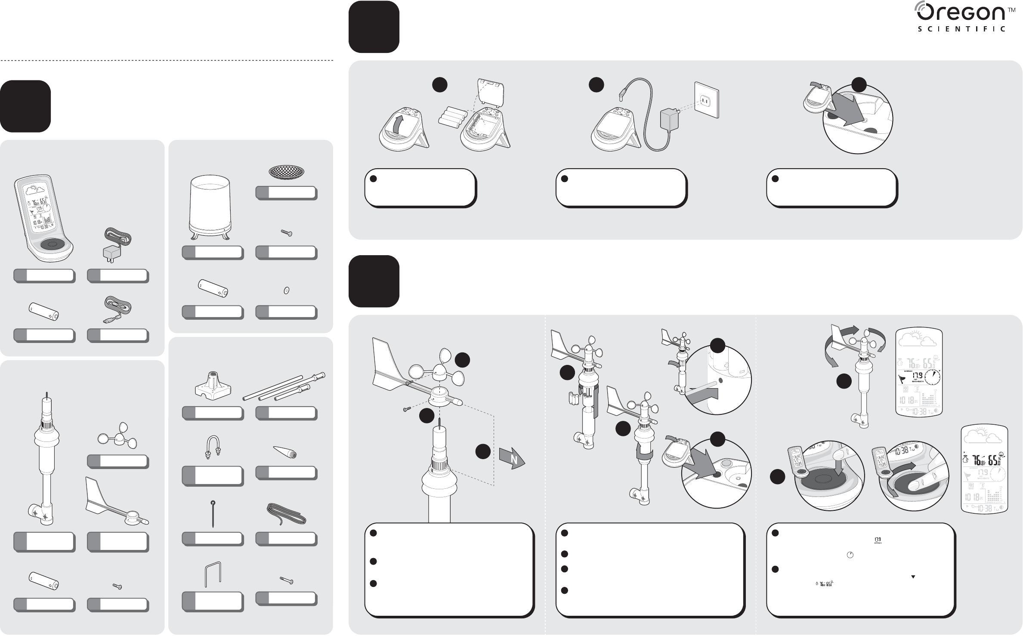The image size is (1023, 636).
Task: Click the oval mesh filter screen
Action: pyautogui.click(x=286, y=173)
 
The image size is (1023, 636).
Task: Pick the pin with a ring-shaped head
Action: pyautogui.click(x=213, y=513)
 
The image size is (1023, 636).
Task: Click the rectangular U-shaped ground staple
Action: pyautogui.click(x=213, y=574)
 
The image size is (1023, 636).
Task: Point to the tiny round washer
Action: pyautogui.click(x=286, y=291)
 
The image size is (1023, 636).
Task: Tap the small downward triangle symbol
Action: pyautogui.click(x=912, y=576)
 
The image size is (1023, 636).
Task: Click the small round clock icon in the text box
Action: pyautogui.click(x=850, y=555)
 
